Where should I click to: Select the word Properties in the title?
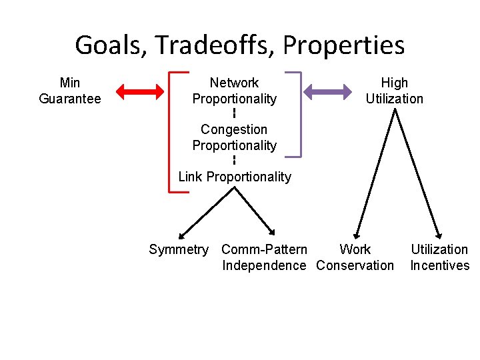click(x=343, y=45)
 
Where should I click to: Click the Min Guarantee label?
click(x=70, y=91)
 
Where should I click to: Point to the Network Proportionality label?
click(x=234, y=91)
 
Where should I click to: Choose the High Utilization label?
click(x=394, y=91)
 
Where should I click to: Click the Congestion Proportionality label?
click(x=234, y=137)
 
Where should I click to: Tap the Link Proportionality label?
click(x=234, y=177)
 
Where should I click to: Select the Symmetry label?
click(x=178, y=249)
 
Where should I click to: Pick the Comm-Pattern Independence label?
click(x=264, y=257)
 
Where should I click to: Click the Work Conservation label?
click(x=355, y=257)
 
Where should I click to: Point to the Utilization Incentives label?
click(x=439, y=257)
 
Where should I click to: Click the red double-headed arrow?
click(x=139, y=91)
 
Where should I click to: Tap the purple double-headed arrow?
click(x=327, y=91)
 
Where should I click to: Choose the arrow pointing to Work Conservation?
click(x=377, y=173)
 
